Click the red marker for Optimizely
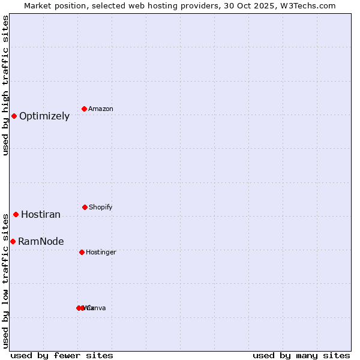click(x=14, y=116)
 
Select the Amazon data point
click(x=85, y=109)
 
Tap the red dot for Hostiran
click(x=16, y=214)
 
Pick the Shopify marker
click(x=85, y=207)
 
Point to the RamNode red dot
click(x=13, y=241)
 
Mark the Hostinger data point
click(x=82, y=252)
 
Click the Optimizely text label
click(x=44, y=116)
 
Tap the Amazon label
click(x=101, y=109)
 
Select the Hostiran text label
click(x=41, y=215)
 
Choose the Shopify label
click(x=101, y=208)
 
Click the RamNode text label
click(x=41, y=242)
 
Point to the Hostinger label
click(x=101, y=253)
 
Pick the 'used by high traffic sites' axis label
click(x=5, y=85)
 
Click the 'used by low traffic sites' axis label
click(x=5, y=281)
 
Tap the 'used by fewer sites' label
click(x=62, y=355)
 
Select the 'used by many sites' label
click(x=301, y=355)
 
